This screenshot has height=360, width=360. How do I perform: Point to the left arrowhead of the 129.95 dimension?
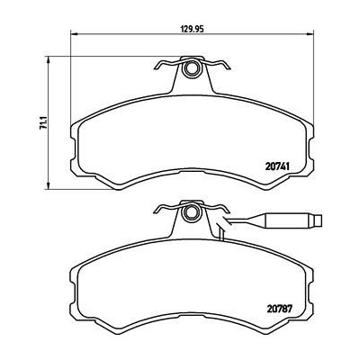tap(72, 36)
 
